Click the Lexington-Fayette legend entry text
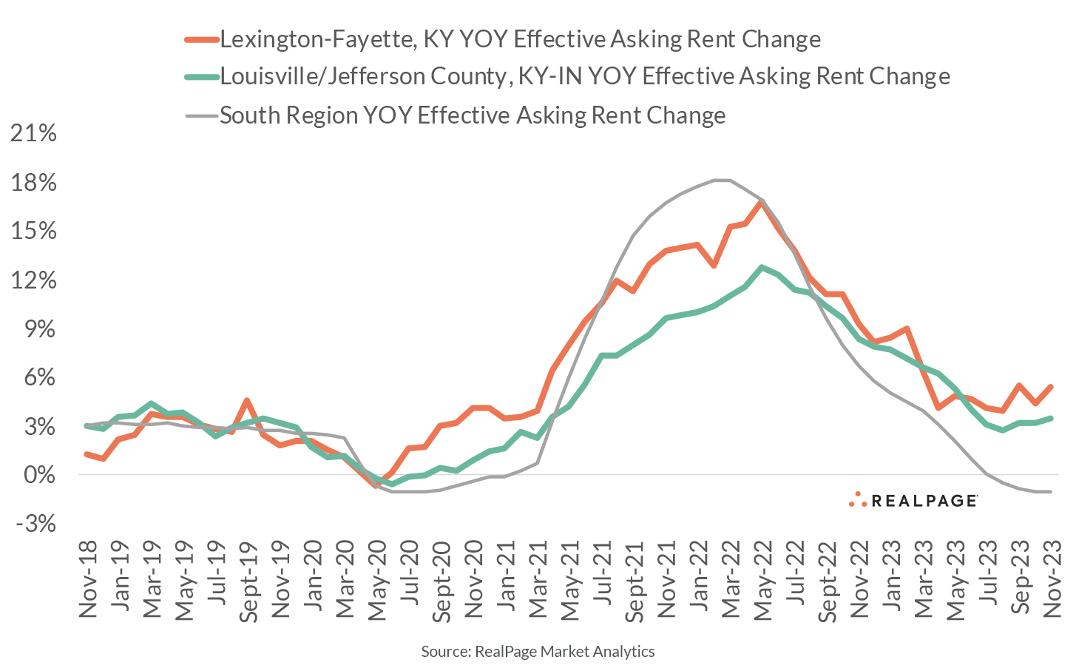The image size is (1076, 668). click(520, 38)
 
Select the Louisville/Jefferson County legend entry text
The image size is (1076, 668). click(584, 76)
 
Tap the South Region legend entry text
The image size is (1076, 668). click(473, 115)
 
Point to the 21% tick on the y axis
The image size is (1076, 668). click(33, 133)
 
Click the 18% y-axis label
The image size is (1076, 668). click(33, 183)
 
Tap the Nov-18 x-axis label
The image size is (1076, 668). click(88, 577)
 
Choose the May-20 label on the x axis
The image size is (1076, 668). click(378, 577)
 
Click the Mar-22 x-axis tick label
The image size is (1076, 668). click(731, 577)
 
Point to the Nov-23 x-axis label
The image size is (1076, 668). click(1052, 577)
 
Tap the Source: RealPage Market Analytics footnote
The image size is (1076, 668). click(538, 652)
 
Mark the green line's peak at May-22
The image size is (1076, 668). click(762, 267)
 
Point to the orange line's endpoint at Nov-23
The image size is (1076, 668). click(1051, 386)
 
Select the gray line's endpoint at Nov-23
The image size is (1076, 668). click(1051, 492)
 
